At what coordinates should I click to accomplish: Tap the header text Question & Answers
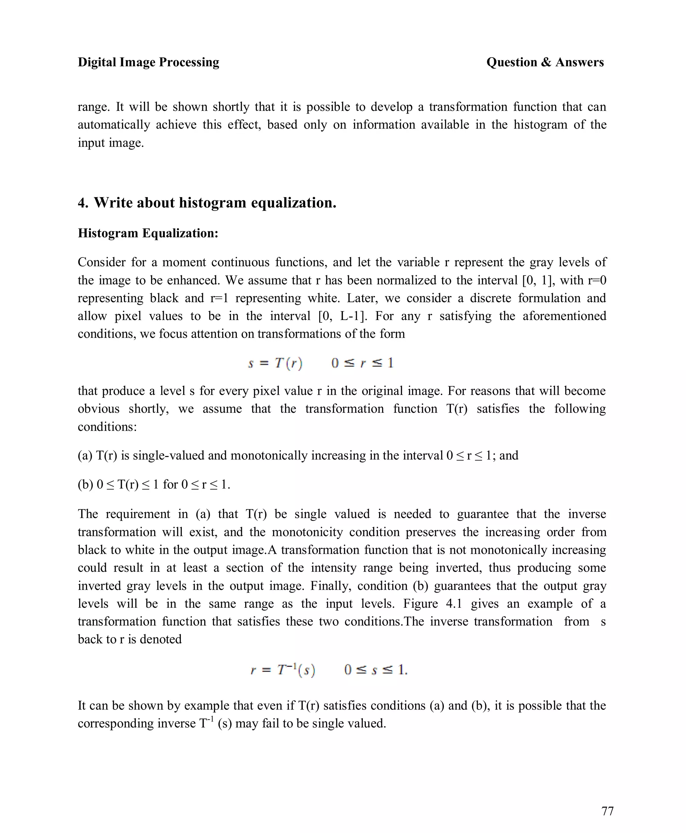545,62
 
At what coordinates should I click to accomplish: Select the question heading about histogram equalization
207,203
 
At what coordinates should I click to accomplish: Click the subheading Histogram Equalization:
148,233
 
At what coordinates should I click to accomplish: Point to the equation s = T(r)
275,363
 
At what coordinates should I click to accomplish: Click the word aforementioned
564,316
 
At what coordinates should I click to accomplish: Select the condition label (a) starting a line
85,455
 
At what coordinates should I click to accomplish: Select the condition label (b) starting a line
85,484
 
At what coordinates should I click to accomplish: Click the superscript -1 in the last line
211,718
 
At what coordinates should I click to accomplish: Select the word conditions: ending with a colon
107,427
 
